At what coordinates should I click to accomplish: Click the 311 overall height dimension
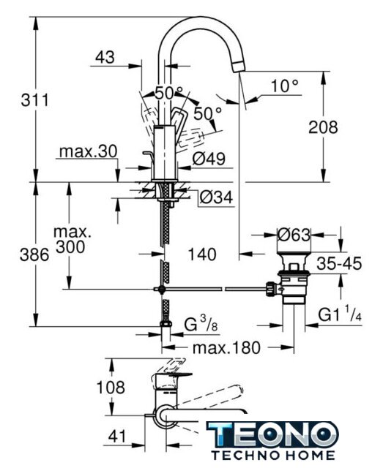[x=34, y=100]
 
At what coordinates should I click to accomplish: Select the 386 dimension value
[x=34, y=255]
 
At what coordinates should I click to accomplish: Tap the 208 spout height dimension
[x=323, y=127]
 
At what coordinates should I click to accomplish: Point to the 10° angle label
[x=285, y=86]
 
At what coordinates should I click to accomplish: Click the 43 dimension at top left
[x=105, y=56]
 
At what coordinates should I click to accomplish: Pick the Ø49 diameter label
[x=209, y=158]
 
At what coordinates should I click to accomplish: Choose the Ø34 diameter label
[x=216, y=197]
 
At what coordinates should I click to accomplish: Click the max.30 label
[x=88, y=151]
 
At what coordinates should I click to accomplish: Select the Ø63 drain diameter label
[x=294, y=235]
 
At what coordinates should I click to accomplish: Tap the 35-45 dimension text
[x=339, y=263]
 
